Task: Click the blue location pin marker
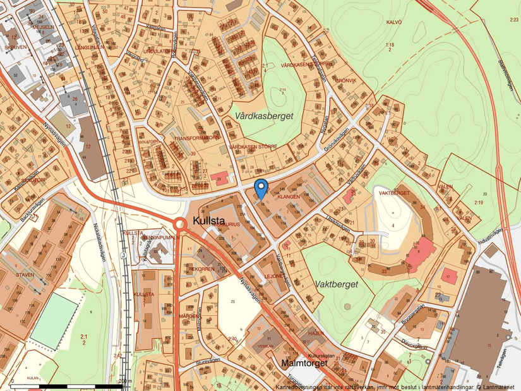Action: (x=261, y=188)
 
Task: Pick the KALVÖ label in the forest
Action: (x=393, y=21)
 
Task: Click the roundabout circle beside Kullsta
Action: (x=180, y=224)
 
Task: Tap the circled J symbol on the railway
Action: (x=123, y=256)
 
